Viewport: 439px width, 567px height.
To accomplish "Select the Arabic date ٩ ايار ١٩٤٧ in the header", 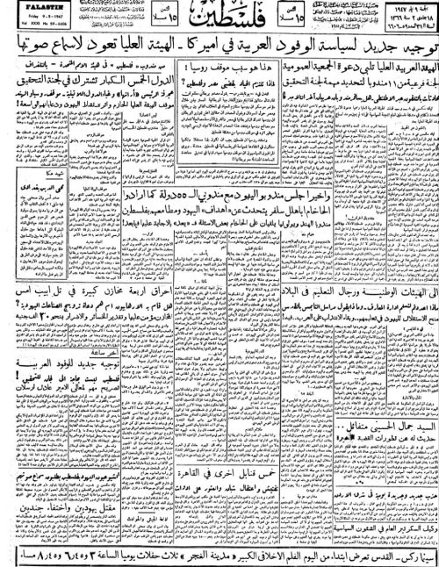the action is click(407, 6).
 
